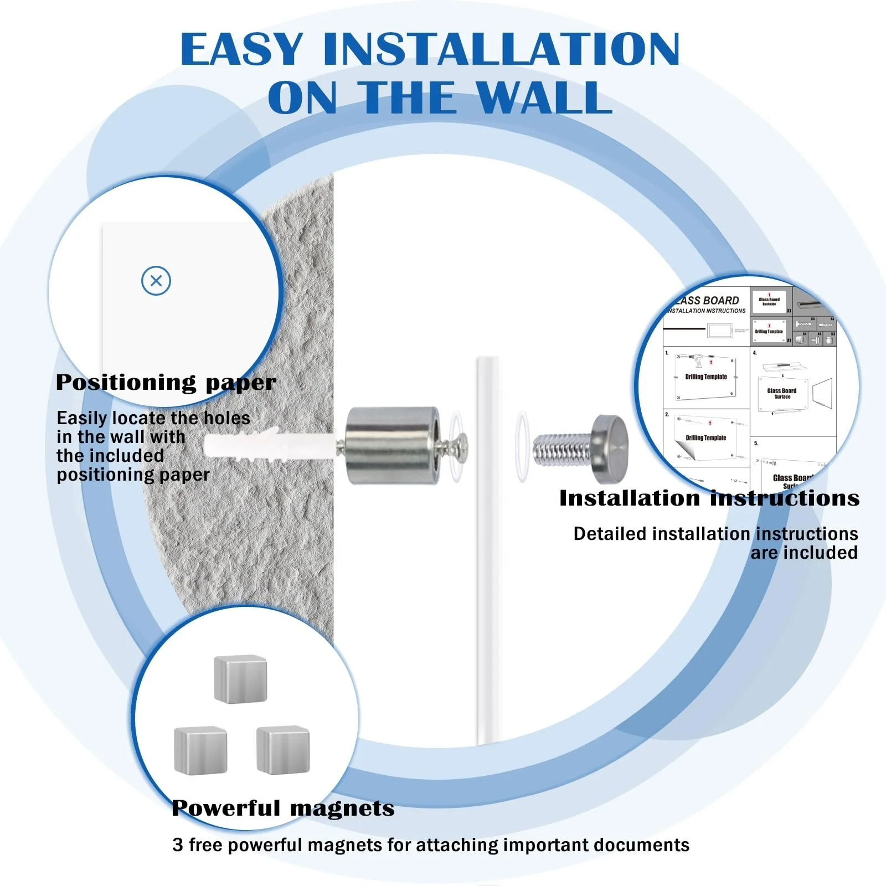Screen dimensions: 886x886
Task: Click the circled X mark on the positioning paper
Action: tap(156, 281)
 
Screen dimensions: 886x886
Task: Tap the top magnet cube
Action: tap(240, 679)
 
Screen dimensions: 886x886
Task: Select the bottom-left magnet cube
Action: tap(200, 750)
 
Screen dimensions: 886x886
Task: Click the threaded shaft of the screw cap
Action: tap(559, 449)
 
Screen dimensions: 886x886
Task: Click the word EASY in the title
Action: tap(242, 50)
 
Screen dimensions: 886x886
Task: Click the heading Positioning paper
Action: tap(166, 383)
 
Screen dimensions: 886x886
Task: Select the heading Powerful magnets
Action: tap(283, 808)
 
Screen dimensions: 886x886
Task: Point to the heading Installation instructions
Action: tap(709, 498)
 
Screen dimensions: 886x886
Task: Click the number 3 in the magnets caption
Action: tap(177, 845)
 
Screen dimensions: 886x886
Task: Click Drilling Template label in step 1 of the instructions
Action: tap(706, 377)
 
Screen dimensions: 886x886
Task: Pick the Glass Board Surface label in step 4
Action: tap(782, 393)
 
